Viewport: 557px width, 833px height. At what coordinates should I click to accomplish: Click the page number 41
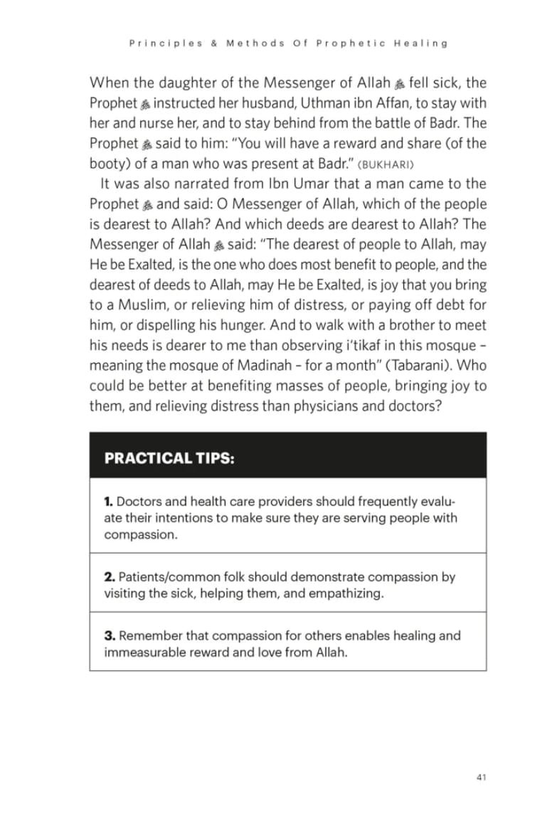coord(482,778)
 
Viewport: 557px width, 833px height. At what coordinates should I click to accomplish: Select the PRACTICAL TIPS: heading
coord(169,458)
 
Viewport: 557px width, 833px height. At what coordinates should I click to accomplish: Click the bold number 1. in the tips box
coord(109,501)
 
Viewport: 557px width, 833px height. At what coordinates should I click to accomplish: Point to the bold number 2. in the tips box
coord(110,577)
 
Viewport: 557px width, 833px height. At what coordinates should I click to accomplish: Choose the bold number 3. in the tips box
coord(110,635)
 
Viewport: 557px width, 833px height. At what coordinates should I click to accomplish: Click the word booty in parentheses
coord(107,163)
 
